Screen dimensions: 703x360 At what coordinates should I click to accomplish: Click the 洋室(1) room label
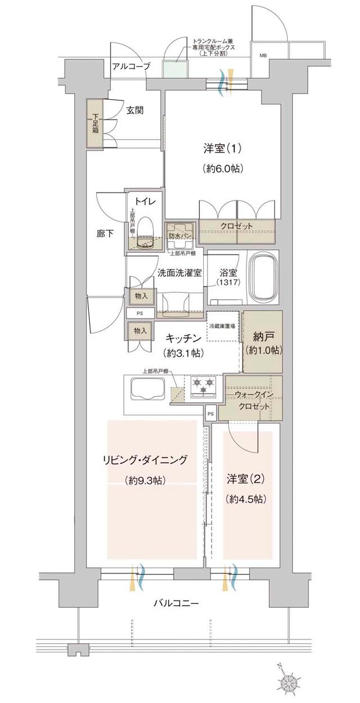[x=223, y=149]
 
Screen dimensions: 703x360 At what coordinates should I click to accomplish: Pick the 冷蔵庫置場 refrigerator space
[x=223, y=326]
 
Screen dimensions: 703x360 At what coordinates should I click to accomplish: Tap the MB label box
[x=263, y=56]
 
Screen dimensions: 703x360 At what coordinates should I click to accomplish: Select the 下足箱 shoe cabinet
[x=95, y=124]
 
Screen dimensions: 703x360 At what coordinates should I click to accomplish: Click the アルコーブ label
[x=131, y=66]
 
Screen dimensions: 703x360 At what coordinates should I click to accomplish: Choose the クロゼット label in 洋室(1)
[x=237, y=226]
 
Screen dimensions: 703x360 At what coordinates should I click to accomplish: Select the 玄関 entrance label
[x=134, y=110]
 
